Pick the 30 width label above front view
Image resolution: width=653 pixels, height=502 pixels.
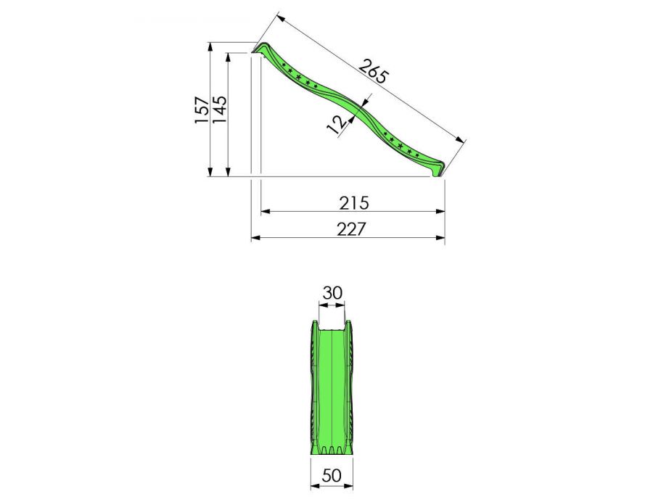332,293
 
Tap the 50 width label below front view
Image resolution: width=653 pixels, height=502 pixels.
332,476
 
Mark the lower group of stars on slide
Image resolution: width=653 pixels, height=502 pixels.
401,144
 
